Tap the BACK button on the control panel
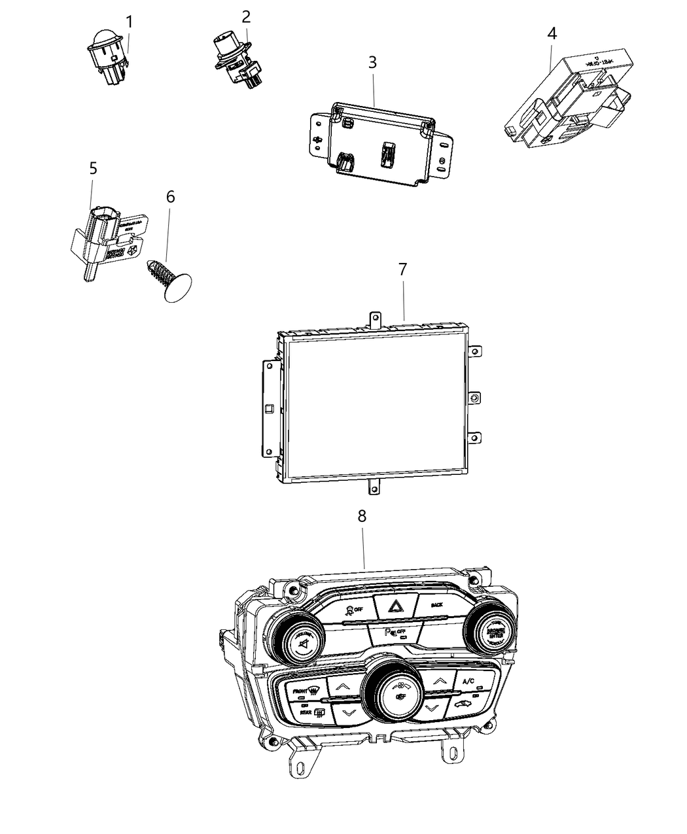tap(437, 604)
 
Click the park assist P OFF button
tap(393, 632)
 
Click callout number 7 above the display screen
tap(402, 269)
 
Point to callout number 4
tap(552, 33)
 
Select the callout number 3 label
tap(372, 63)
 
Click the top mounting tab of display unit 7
tap(376, 318)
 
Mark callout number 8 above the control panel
tap(362, 515)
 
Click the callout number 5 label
tap(93, 168)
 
